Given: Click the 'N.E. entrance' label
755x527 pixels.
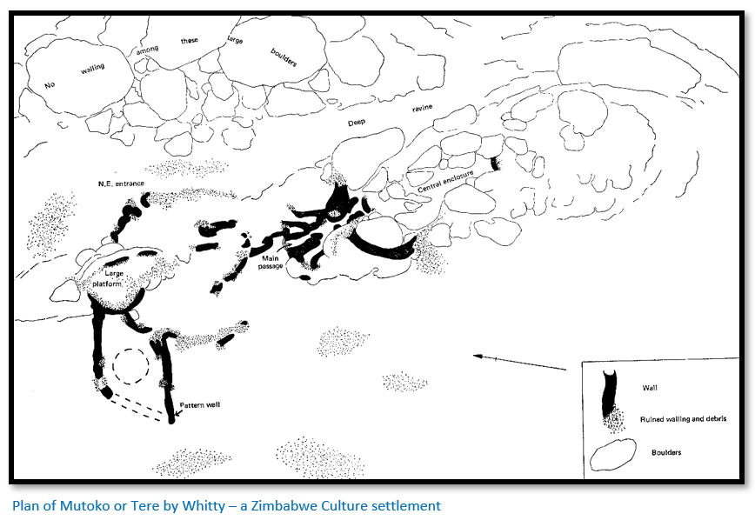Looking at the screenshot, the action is [x=121, y=183].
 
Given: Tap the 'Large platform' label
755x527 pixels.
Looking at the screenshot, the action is [x=109, y=278].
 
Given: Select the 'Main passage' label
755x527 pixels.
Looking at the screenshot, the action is [x=271, y=263].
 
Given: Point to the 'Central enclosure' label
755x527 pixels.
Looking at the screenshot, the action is [x=446, y=181].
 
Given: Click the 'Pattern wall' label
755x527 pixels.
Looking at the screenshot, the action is [x=200, y=404].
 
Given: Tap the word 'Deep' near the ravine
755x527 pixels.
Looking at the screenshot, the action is [x=357, y=123].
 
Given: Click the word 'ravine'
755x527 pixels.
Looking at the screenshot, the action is [x=422, y=108].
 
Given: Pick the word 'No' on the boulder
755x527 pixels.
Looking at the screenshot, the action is [x=50, y=85].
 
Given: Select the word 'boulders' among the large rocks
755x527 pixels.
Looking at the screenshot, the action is [x=284, y=57].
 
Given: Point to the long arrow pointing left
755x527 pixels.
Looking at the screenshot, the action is [x=519, y=363].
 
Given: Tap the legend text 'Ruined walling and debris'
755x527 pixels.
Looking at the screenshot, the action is [x=684, y=418].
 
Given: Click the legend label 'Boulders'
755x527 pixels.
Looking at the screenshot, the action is [x=666, y=452].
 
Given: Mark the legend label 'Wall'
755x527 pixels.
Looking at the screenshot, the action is [x=650, y=388].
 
